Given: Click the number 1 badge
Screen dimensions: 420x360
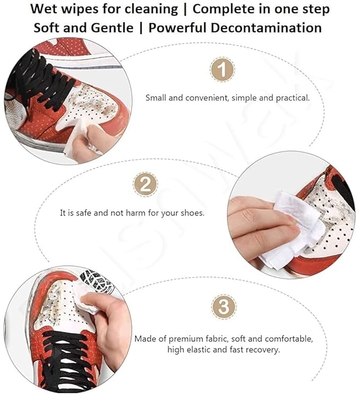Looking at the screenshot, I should tap(222, 70).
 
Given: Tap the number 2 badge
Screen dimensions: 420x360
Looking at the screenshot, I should tap(145, 185).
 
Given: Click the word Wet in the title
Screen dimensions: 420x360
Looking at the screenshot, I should tap(46, 9).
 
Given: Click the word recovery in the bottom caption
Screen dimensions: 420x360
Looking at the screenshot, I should tap(264, 350).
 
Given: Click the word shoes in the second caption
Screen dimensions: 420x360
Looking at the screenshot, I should tap(192, 213).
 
